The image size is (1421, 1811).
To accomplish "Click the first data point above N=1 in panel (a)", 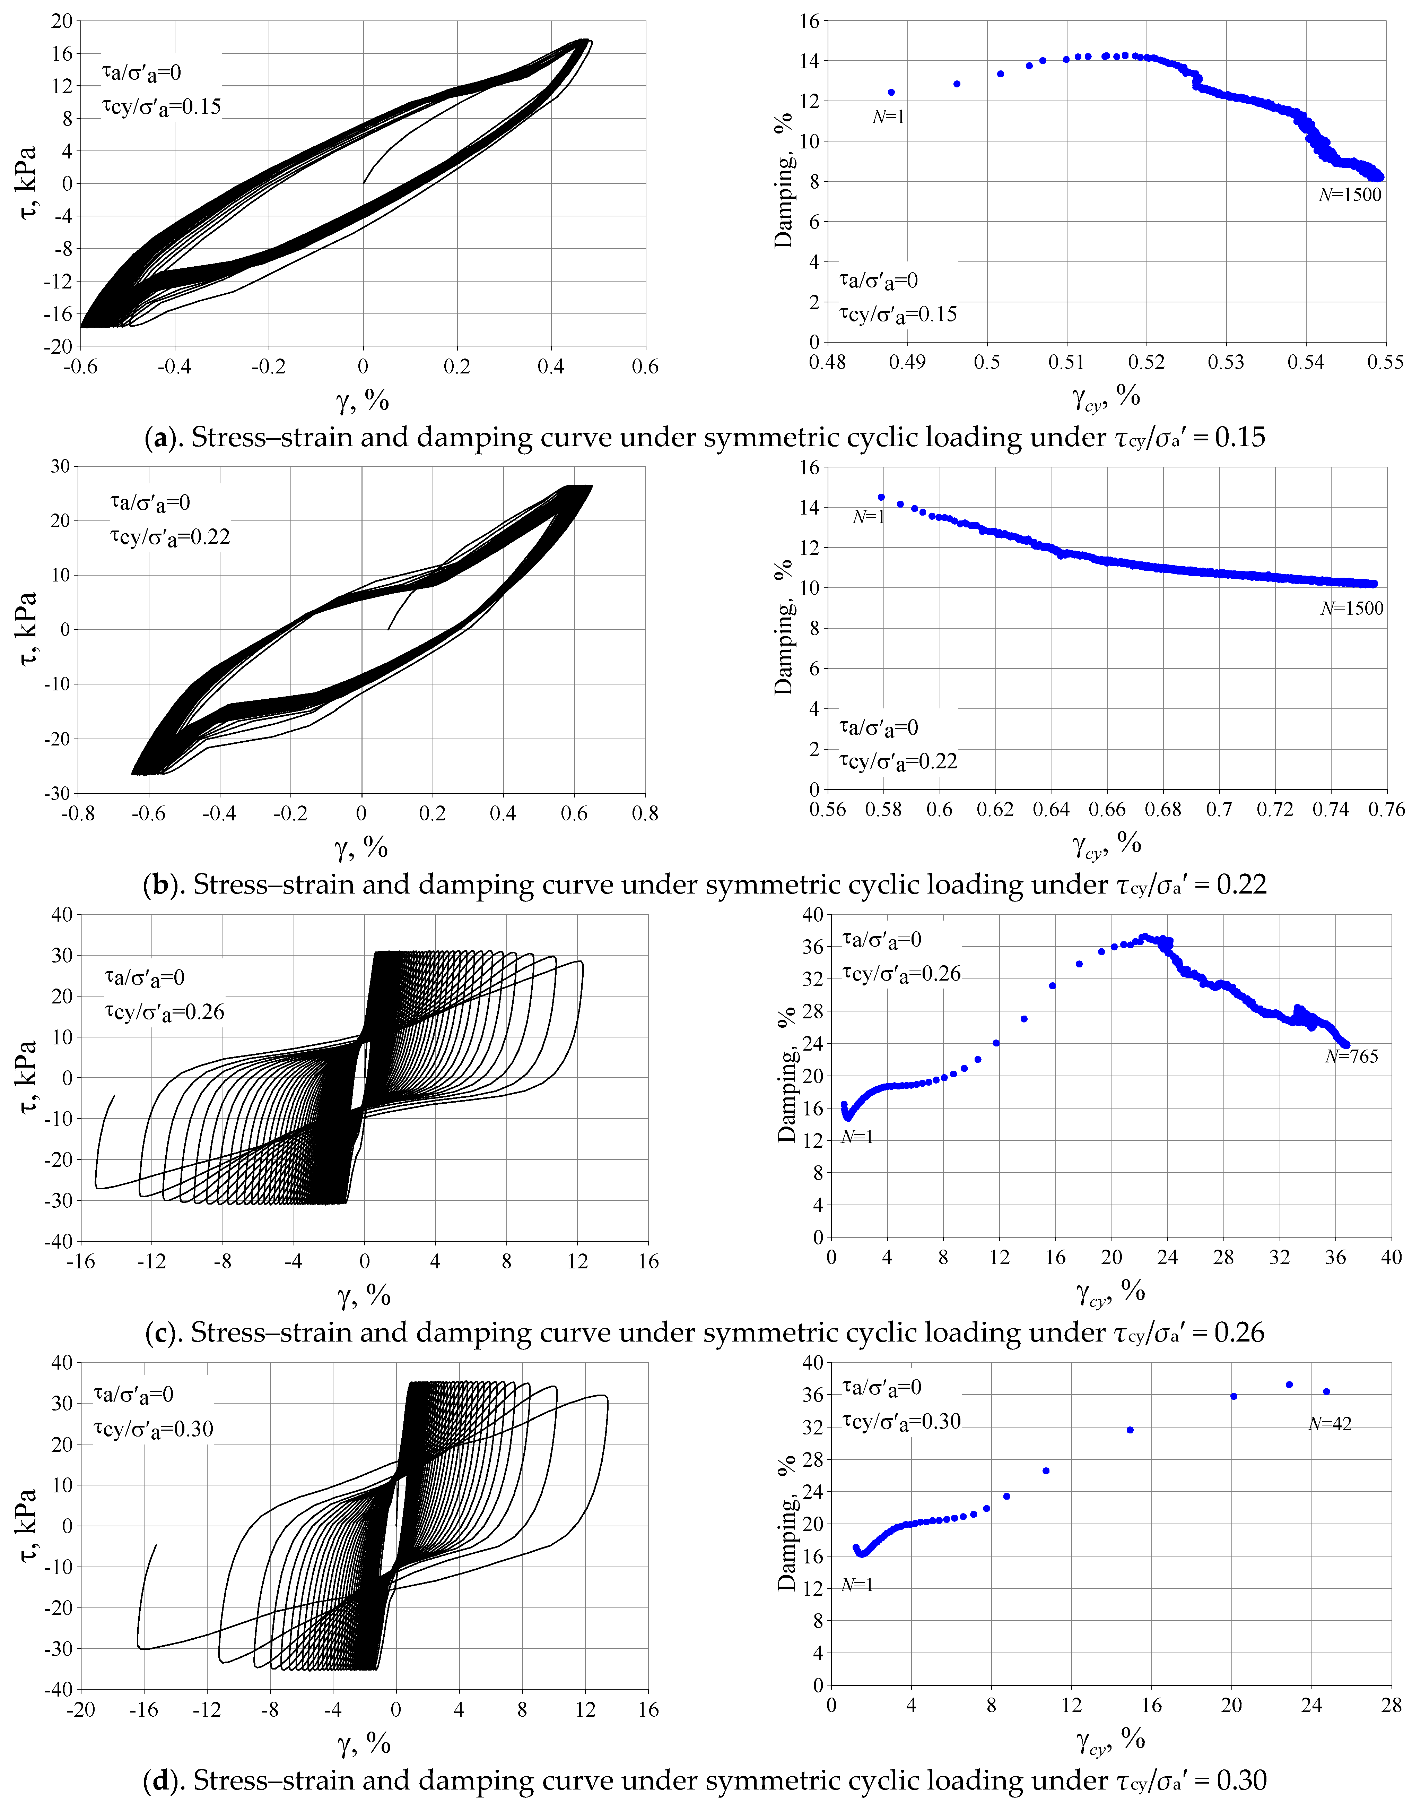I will point(891,92).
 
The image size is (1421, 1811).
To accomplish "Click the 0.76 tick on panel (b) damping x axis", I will point(1386,809).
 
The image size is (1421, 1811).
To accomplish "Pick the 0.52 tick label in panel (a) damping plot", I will point(1147,362).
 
